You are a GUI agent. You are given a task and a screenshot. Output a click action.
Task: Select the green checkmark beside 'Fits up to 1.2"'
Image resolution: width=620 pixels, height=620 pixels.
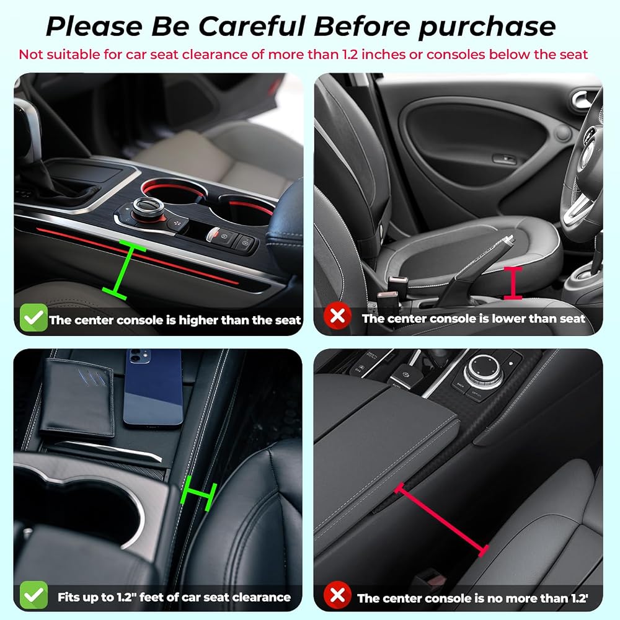point(33,595)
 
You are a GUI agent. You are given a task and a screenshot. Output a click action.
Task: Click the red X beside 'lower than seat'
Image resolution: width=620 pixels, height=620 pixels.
point(337,316)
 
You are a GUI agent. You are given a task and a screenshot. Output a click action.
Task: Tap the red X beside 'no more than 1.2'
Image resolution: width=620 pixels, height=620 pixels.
point(337,595)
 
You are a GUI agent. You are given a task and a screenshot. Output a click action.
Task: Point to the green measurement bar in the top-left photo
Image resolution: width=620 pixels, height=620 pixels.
point(124,270)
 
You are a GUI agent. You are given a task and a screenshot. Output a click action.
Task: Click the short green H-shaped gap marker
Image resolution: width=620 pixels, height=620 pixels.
point(198,493)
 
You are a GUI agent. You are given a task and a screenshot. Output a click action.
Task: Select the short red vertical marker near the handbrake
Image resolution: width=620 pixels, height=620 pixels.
point(513,283)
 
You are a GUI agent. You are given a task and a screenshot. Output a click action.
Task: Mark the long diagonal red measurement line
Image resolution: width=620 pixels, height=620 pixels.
point(441,520)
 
